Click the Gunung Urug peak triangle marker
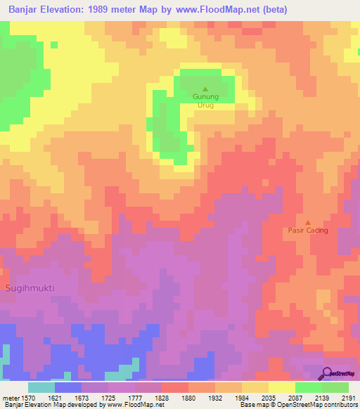(205, 89)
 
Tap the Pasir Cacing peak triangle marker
(307, 222)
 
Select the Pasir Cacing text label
(307, 231)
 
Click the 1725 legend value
(108, 398)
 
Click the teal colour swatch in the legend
(41, 387)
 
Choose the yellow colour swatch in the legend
(281, 387)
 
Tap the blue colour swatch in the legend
(68, 387)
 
